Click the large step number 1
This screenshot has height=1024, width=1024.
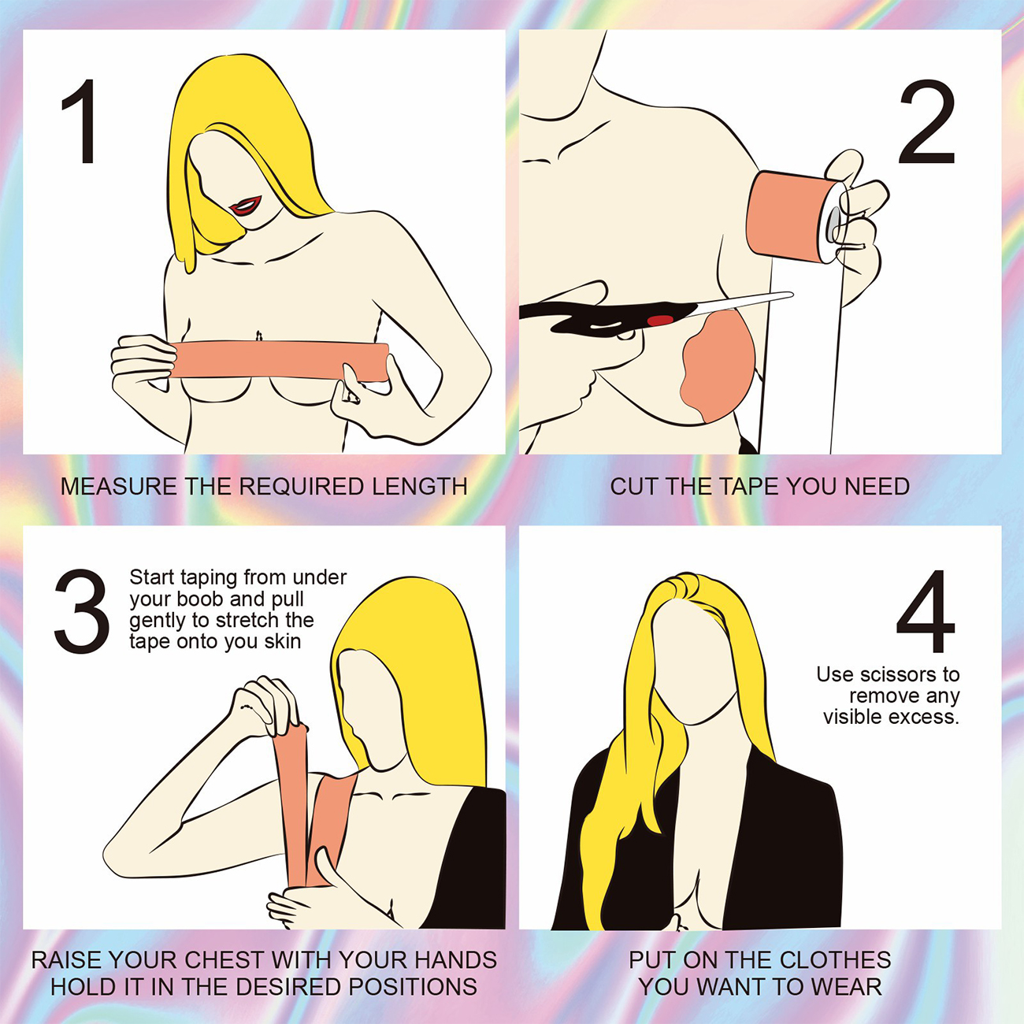pyautogui.click(x=80, y=121)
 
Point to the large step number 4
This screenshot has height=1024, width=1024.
pyautogui.click(x=926, y=611)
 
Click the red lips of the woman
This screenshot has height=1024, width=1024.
pyautogui.click(x=246, y=206)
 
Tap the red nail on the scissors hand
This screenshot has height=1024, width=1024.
pyautogui.click(x=661, y=320)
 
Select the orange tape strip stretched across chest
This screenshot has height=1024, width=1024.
pyautogui.click(x=279, y=361)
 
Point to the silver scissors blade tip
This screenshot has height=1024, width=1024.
pyautogui.click(x=791, y=293)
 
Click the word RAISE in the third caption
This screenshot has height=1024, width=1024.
pyautogui.click(x=65, y=959)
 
